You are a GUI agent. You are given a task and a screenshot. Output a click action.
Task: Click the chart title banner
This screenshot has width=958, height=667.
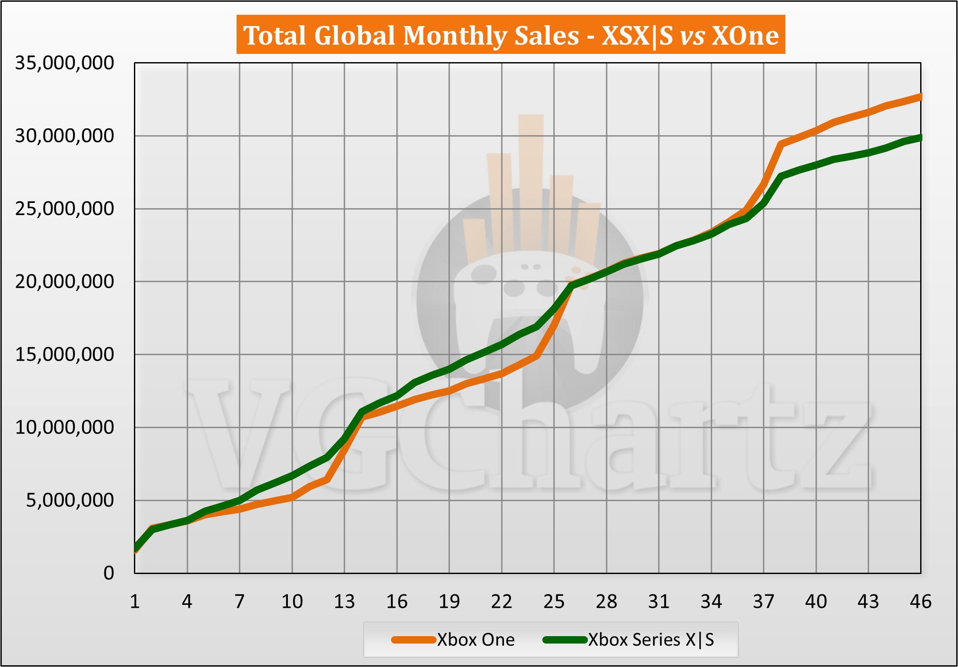[511, 35]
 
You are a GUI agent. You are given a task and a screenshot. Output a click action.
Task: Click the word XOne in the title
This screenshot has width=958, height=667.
[745, 36]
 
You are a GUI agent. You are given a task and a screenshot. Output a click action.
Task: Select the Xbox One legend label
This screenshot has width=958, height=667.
[476, 640]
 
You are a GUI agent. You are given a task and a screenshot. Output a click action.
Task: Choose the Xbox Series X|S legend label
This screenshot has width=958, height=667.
[651, 640]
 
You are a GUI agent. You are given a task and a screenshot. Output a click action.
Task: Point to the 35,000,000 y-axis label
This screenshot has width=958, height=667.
[64, 63]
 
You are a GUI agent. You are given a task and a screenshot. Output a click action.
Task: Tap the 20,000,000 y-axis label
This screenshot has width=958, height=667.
[64, 282]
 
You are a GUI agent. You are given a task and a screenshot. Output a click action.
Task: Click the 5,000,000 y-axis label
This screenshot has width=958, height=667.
[70, 501]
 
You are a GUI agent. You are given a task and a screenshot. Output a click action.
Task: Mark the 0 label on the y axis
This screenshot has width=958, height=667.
[109, 574]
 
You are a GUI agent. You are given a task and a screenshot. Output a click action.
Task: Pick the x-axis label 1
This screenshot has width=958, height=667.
[135, 602]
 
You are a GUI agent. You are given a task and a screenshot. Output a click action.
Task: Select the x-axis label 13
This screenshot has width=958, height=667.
[344, 602]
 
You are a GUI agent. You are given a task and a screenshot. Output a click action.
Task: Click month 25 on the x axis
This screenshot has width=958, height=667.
[554, 602]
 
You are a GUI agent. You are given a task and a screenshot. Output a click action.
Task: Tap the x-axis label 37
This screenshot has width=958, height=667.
[764, 602]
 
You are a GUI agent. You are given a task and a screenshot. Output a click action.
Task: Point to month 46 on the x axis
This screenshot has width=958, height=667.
[921, 602]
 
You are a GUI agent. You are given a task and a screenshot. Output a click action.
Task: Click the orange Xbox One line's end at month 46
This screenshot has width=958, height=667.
[920, 97]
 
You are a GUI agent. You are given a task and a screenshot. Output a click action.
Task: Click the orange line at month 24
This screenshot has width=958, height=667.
[537, 356]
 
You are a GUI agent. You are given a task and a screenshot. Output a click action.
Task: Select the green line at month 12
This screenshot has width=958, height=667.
[327, 457]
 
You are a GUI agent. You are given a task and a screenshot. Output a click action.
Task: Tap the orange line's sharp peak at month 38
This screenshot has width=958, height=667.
[781, 144]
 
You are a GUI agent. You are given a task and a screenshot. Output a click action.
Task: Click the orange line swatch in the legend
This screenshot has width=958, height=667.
[413, 640]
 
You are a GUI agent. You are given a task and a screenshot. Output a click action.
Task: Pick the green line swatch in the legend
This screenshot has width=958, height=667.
[565, 640]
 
